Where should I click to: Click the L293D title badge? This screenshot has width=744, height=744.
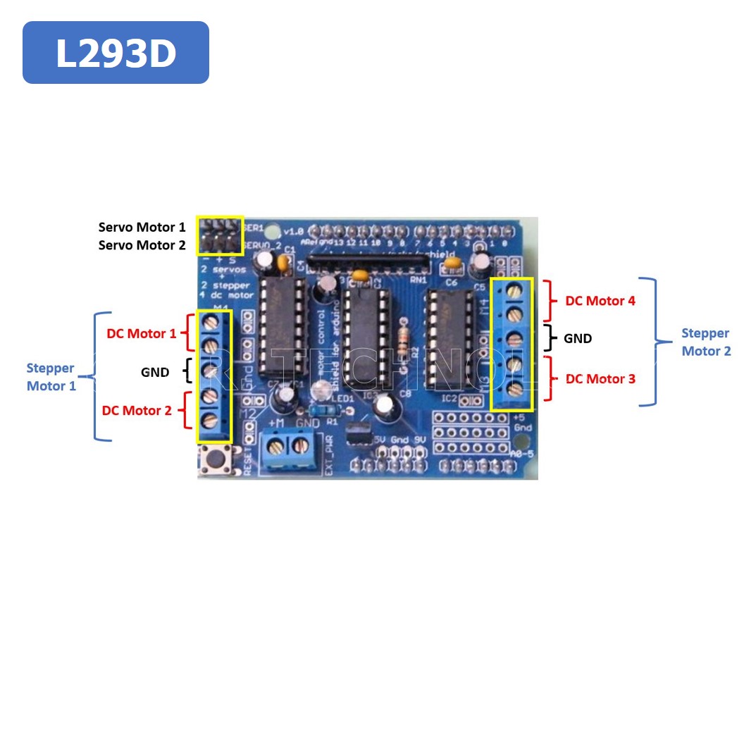coord(116,53)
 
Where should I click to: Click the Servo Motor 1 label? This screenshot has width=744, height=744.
coord(142,227)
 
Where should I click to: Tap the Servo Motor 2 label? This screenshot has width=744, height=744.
coord(142,245)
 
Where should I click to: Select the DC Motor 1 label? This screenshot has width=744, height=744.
coord(141,333)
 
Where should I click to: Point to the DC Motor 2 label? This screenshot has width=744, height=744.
coord(137,410)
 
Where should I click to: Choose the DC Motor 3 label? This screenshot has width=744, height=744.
coord(600,378)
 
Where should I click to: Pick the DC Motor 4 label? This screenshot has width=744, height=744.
coord(600,301)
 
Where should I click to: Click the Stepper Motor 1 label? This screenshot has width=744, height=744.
coord(51,377)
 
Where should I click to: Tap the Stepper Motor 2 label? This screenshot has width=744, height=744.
coord(706,342)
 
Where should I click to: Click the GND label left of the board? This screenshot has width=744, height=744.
coord(155,372)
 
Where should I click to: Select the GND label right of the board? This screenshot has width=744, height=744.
coord(578,339)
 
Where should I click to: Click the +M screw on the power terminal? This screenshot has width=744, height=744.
coord(277,445)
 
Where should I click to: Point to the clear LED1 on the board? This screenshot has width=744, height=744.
coord(323,388)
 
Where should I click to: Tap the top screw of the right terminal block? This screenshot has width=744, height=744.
coord(512,290)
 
